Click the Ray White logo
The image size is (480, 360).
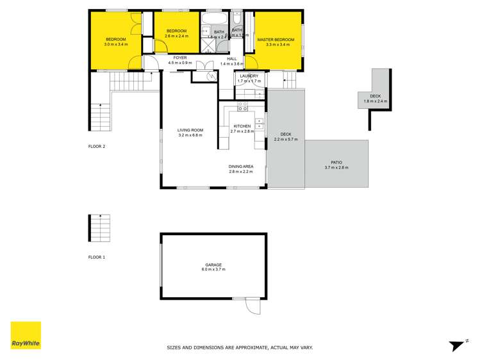[26, 336]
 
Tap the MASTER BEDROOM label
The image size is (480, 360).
[276, 40]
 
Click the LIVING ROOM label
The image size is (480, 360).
[190, 131]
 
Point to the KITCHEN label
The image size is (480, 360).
[242, 126]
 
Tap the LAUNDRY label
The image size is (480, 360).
[249, 76]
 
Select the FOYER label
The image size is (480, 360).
[180, 58]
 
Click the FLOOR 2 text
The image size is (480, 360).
[97, 147]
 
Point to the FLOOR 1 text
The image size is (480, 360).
[97, 257]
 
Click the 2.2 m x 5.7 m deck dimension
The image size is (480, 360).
[286, 140]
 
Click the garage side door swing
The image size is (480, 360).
[254, 307]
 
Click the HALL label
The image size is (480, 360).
[233, 58]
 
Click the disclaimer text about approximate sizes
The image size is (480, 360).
[240, 348]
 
